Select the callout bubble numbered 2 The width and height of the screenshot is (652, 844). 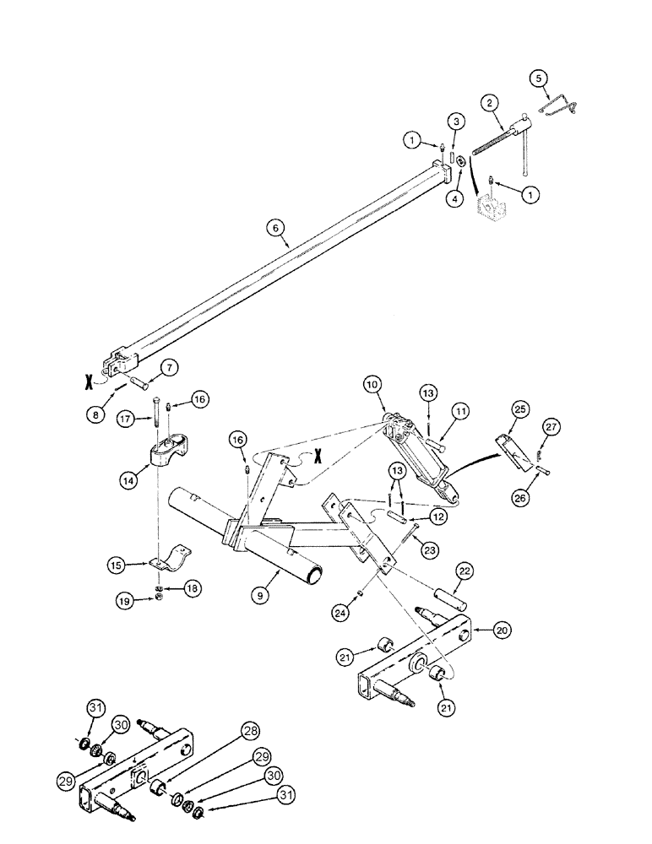[488, 104]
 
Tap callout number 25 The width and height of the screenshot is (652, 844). [518, 409]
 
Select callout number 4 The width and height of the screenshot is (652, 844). [456, 199]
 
